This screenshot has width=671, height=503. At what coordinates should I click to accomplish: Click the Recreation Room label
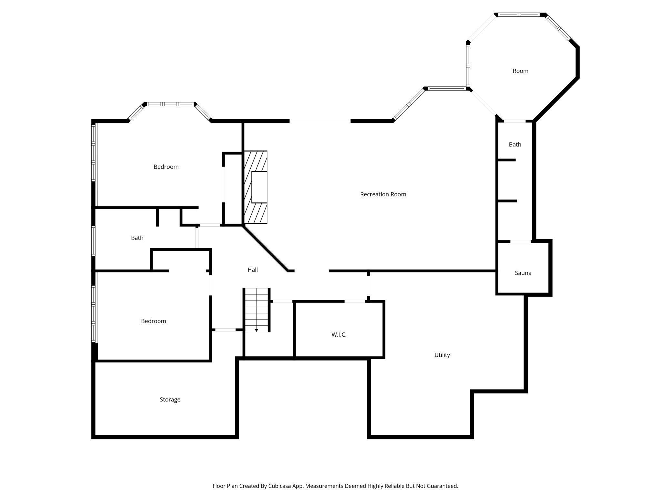pos(383,194)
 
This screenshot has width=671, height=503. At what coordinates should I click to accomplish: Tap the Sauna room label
pos(523,273)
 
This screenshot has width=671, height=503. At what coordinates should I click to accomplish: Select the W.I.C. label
pos(339,335)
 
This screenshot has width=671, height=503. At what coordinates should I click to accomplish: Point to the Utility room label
pos(442,355)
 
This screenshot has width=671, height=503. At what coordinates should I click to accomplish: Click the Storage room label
pos(170,400)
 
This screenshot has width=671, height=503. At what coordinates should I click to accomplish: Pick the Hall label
pos(253,270)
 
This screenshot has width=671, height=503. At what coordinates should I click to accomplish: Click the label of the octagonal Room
pos(520,71)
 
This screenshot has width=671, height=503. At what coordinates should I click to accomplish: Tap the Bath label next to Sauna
pos(515,145)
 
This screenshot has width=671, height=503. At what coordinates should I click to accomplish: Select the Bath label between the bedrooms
pos(137,238)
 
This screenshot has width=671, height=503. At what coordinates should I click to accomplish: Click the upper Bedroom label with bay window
pos(166,167)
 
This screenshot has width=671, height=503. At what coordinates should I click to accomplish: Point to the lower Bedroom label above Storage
pos(153,321)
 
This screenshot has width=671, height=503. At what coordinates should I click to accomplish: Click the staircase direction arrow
pos(256,330)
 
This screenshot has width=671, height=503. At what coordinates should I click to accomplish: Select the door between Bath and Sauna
pos(520,242)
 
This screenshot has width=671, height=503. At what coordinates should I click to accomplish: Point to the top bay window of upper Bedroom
pos(170,104)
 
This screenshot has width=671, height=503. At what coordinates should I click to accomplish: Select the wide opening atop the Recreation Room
pos(320,121)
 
